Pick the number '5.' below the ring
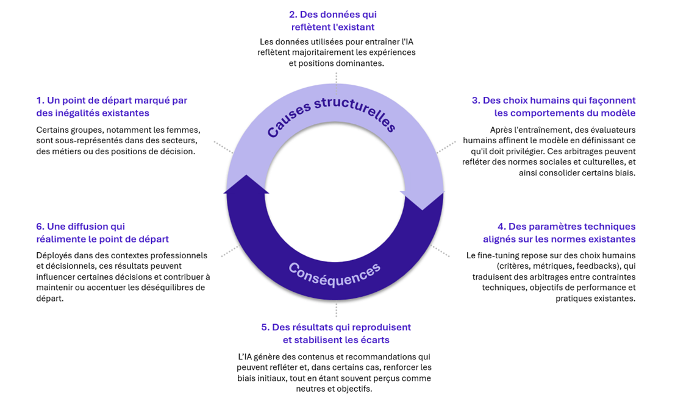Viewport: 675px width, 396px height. [x=265, y=327]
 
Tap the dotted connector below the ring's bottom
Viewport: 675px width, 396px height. [x=336, y=310]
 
